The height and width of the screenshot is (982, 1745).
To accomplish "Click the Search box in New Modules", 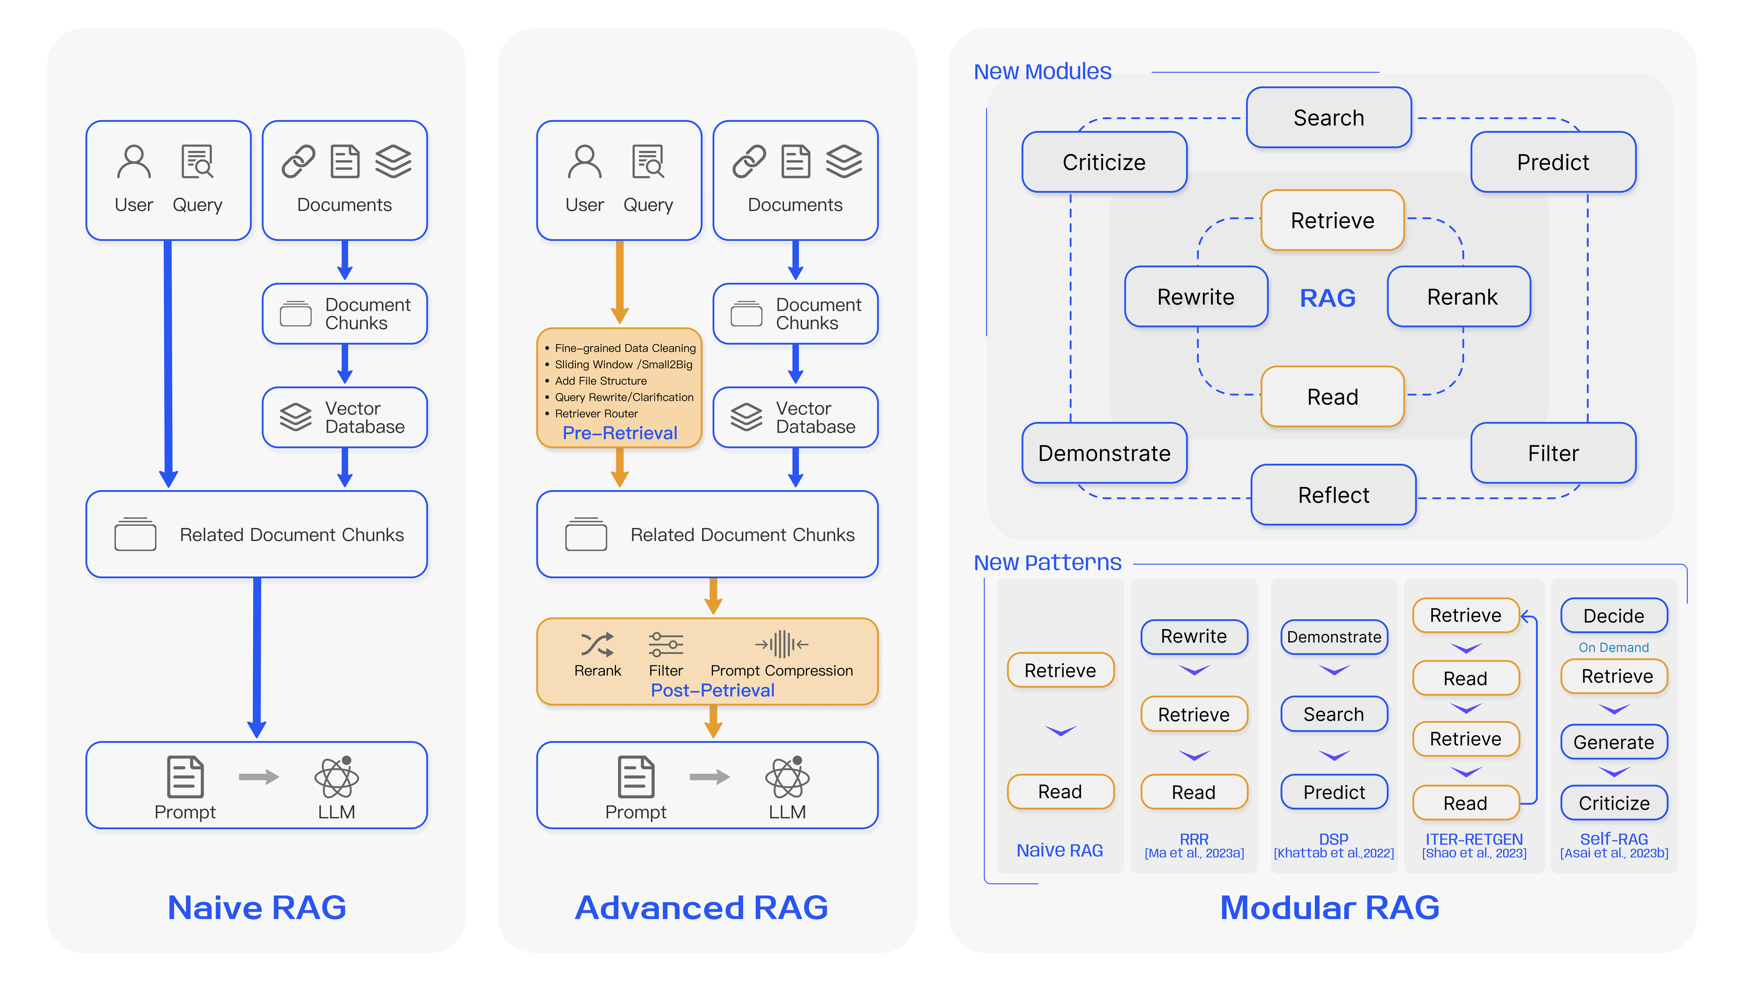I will click(1328, 117).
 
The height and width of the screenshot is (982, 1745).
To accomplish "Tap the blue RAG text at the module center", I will click(1327, 297).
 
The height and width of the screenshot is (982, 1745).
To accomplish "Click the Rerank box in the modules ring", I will click(1461, 297).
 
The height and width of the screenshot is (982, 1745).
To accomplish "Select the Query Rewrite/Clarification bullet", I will click(623, 397).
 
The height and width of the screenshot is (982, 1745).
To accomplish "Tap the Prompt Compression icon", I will click(781, 644).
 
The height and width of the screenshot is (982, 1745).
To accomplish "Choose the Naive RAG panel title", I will click(257, 907).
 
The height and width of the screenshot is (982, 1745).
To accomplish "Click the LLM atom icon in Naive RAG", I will click(337, 777).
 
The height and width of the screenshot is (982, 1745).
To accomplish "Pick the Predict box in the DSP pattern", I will click(1333, 792).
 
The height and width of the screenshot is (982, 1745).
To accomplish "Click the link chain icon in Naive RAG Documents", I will click(298, 161).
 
